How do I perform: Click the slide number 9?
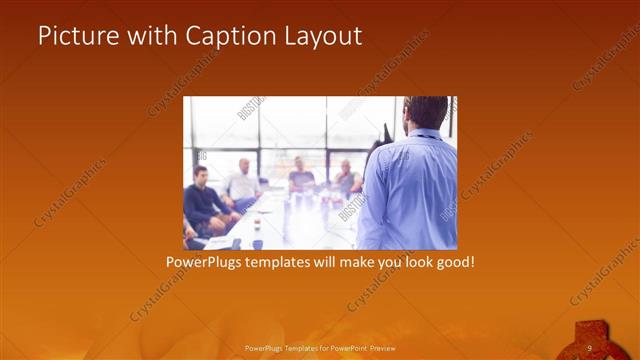click(x=590, y=347)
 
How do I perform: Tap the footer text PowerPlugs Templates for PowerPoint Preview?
click(x=319, y=348)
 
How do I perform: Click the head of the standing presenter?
click(x=427, y=111)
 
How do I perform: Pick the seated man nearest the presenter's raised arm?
click(x=347, y=179)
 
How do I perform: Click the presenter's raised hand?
click(x=385, y=132)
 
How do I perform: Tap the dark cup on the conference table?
click(x=257, y=243)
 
